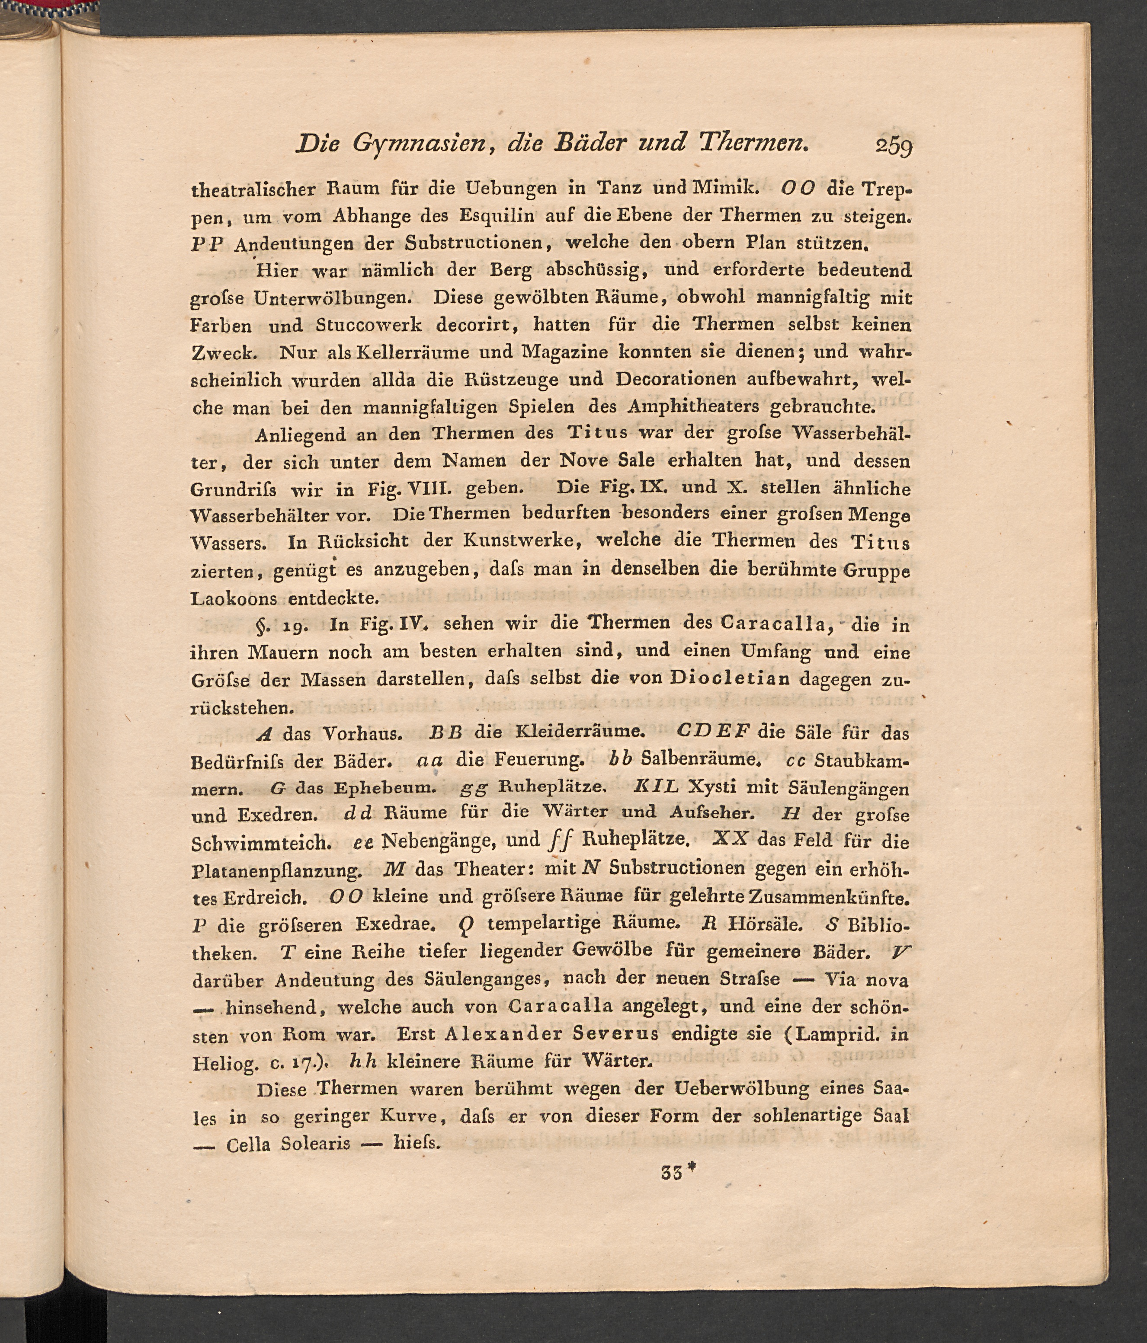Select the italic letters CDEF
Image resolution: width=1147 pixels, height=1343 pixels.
pos(713,730)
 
